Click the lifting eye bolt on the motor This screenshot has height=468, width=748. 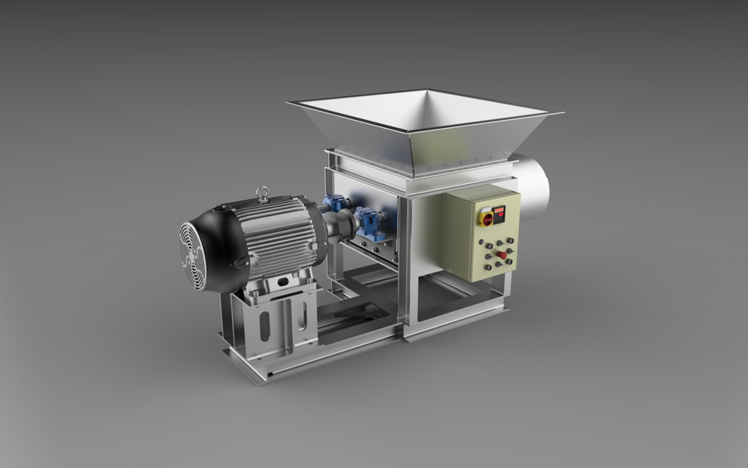pos(263,192)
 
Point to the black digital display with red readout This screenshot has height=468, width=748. pos(499,211)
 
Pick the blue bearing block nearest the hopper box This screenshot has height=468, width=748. pos(371,222)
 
